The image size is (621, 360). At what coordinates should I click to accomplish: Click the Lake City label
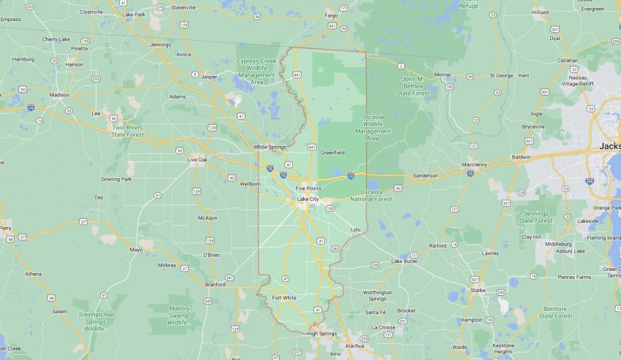pos(308,199)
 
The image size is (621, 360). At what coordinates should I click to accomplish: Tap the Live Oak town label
pos(197,159)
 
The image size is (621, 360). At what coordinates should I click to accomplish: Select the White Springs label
pos(270,147)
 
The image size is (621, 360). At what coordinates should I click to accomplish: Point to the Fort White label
pos(284,297)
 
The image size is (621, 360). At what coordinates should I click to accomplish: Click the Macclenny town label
pos(475,164)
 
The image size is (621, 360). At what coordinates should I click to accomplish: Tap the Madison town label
pos(59,95)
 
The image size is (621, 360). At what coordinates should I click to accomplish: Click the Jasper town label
pos(210,76)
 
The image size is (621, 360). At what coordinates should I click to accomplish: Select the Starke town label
pos(478,290)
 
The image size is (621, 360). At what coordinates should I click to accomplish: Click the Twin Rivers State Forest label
pos(128,130)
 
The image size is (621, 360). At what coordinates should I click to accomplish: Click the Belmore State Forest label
pos(556,312)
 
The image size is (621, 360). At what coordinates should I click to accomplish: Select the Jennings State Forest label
pos(536,216)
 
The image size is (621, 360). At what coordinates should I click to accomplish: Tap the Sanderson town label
pos(425,175)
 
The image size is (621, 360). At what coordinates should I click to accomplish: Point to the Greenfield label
pos(332,152)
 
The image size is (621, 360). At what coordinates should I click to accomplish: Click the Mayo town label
pos(136,250)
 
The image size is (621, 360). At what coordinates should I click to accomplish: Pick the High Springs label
pos(321,333)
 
